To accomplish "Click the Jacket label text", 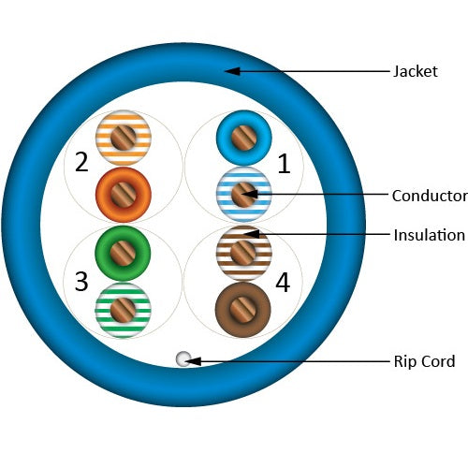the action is pos(415,71).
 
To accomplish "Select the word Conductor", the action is pos(430,196).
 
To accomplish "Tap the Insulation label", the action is pos(429,235).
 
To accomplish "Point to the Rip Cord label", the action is pos(424,361).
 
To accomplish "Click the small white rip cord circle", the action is pos(183,358).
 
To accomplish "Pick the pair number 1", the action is pos(284,164).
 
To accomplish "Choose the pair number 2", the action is pos(81,162).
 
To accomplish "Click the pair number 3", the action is pos(81,282).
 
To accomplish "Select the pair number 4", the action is pos(283,283).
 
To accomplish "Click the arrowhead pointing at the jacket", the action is pos(232,71).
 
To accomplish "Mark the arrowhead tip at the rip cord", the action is pos(185,361).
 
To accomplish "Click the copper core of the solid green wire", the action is pos(123,254).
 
